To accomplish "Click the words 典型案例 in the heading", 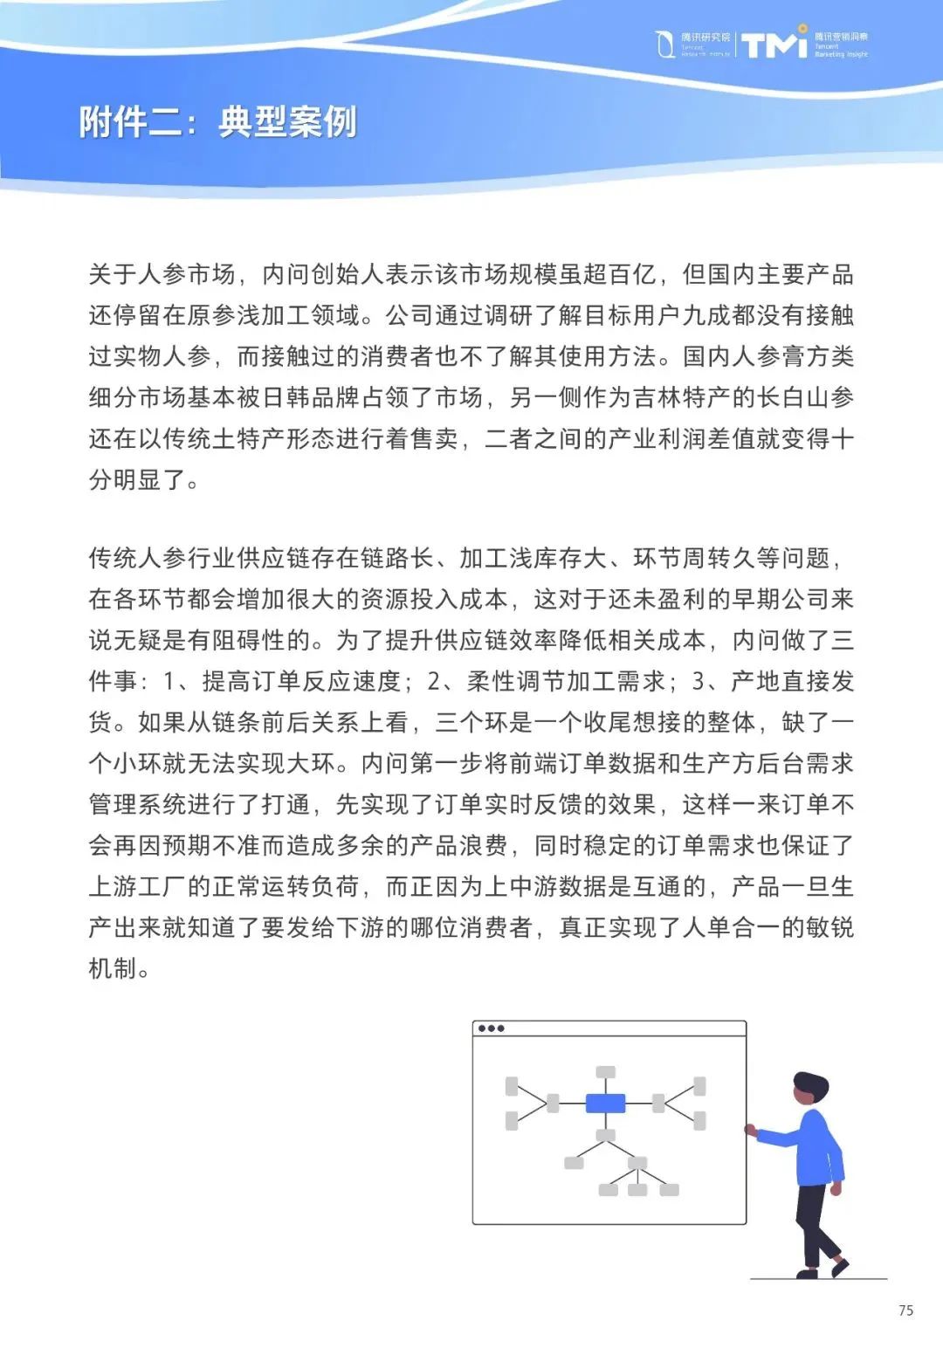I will coord(287,122).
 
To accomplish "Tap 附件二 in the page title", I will coord(131,122).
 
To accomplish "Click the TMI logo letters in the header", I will coord(774,44).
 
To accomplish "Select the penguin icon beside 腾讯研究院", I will coord(665,44).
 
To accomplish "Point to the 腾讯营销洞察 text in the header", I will coord(841,37).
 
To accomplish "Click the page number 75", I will coord(905,1310).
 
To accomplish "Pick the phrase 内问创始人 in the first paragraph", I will coord(323,274).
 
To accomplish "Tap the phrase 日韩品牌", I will coord(299,397).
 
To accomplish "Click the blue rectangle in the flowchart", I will coord(605,1104).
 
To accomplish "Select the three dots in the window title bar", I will coord(491,1028).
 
